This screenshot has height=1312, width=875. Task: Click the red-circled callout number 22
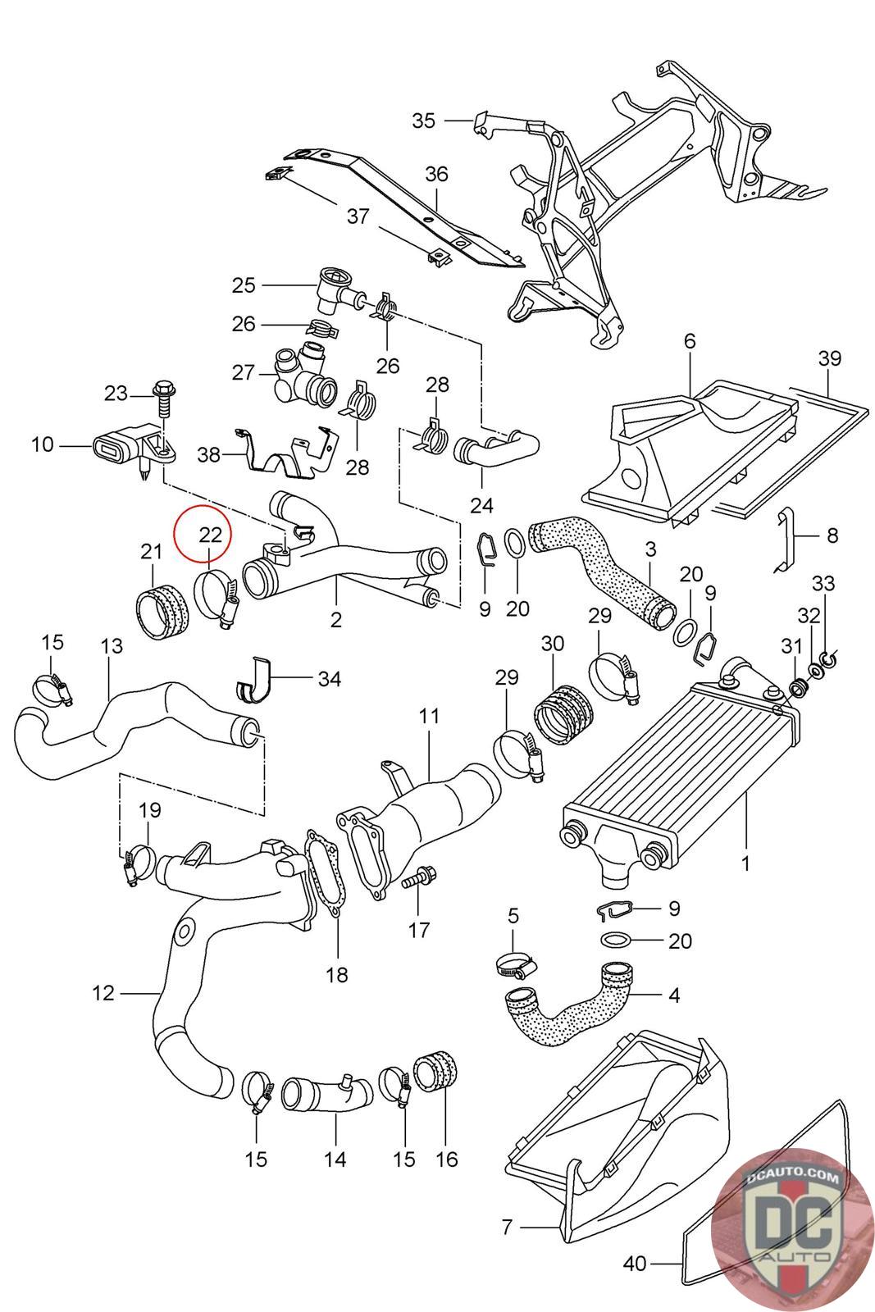click(210, 534)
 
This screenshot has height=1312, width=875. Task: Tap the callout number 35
click(423, 121)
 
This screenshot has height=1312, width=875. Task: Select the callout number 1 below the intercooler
click(745, 863)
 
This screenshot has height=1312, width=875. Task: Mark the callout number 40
click(634, 1280)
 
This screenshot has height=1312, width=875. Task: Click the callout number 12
click(103, 993)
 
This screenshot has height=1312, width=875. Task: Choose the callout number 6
click(690, 341)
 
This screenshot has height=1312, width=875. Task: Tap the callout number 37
click(358, 216)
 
